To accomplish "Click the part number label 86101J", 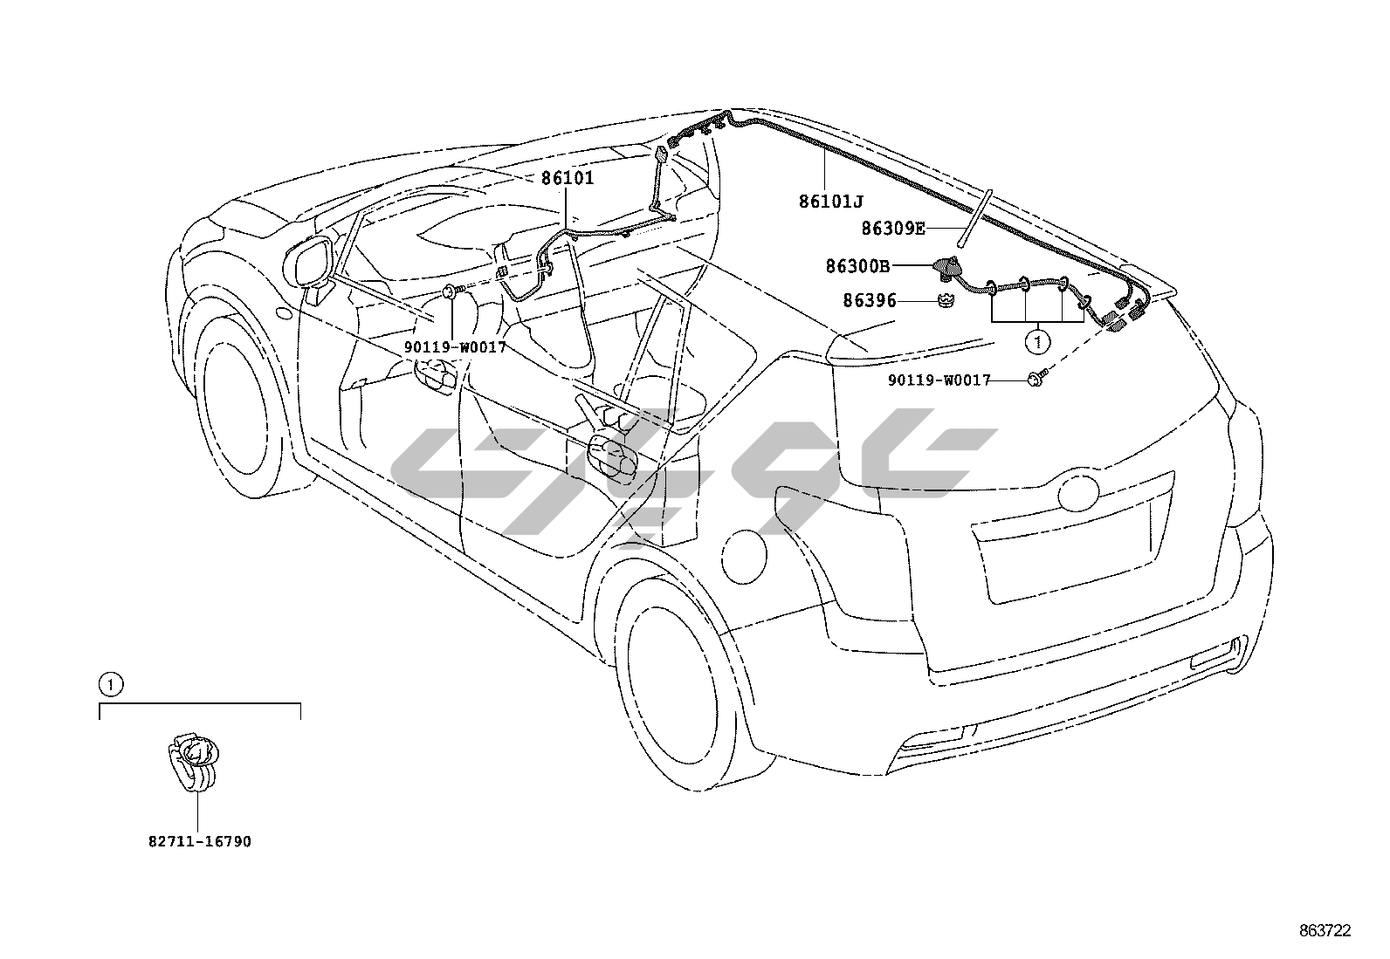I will (x=830, y=202).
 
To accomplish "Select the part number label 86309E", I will (x=892, y=229).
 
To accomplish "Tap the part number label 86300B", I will (x=857, y=266).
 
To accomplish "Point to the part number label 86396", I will (x=870, y=301).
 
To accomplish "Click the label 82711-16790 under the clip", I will (x=199, y=842).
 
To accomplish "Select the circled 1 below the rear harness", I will (x=1037, y=342).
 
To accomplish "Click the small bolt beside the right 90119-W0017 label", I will (x=1036, y=378).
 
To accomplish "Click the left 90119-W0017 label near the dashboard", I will (x=454, y=346).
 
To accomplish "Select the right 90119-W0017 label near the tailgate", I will (x=939, y=380).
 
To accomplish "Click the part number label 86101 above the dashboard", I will (x=567, y=179).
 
